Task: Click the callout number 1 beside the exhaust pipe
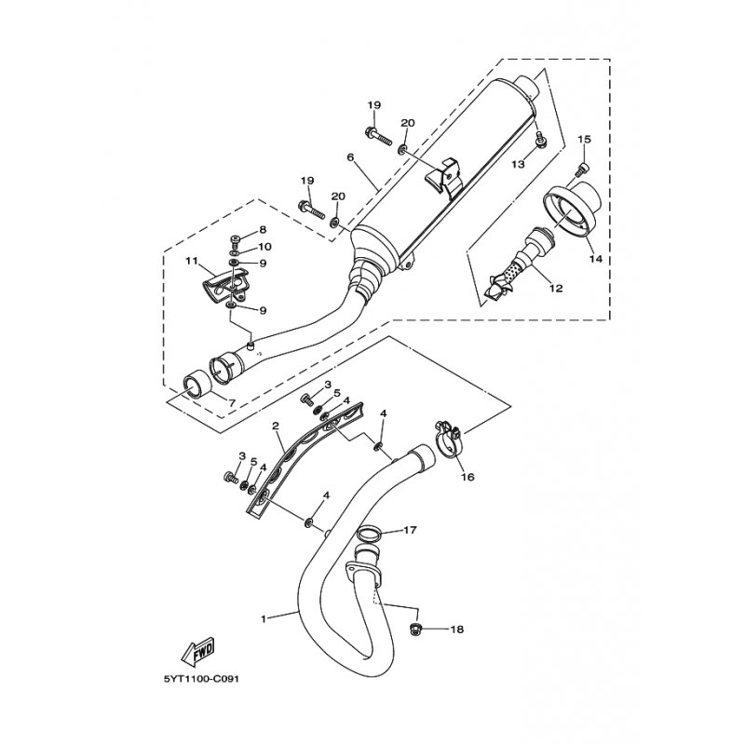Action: (264, 617)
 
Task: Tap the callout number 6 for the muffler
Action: (350, 157)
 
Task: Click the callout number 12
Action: (556, 289)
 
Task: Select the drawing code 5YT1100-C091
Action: (201, 677)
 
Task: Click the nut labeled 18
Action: (416, 630)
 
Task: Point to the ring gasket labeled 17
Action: (369, 536)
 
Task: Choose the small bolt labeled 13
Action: (540, 141)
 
